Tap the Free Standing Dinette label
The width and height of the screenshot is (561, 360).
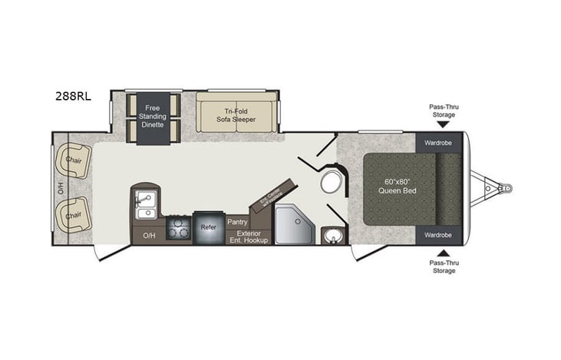click(x=153, y=116)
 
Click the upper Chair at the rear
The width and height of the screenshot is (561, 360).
click(x=73, y=160)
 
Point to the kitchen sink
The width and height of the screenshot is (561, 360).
click(x=144, y=203)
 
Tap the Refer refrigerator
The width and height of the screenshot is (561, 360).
click(x=208, y=228)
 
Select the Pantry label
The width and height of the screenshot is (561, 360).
click(x=236, y=222)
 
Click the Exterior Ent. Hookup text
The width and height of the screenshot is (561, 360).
click(x=247, y=236)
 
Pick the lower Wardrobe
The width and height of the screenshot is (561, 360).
click(x=437, y=234)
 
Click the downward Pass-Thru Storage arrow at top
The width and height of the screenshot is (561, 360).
click(x=442, y=124)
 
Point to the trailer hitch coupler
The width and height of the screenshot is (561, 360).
click(x=505, y=187)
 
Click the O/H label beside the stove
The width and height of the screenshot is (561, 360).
click(x=148, y=236)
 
